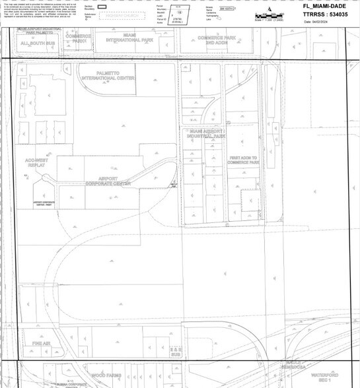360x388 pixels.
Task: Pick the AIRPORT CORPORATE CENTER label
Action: (x=108, y=181)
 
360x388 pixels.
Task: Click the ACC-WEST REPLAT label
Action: (x=36, y=162)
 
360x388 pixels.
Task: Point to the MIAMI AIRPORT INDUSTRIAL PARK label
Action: (x=207, y=134)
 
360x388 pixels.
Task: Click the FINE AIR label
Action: (x=41, y=344)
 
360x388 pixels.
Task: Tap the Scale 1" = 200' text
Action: (x=267, y=19)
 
